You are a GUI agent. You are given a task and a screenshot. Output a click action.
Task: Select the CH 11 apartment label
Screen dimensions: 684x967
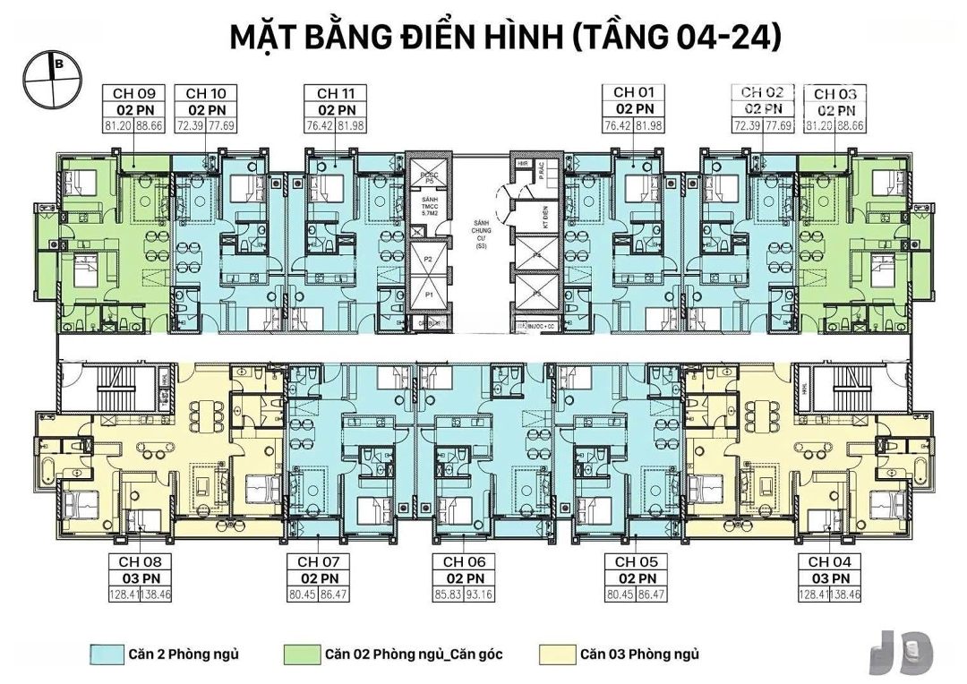click(x=323, y=93)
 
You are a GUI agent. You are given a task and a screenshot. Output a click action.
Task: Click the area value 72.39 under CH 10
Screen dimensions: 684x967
click(x=190, y=124)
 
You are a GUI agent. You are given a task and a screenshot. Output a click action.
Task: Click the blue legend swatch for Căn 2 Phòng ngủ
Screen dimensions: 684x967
click(x=104, y=654)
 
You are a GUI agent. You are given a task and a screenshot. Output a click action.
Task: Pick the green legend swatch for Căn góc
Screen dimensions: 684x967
click(x=296, y=654)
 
